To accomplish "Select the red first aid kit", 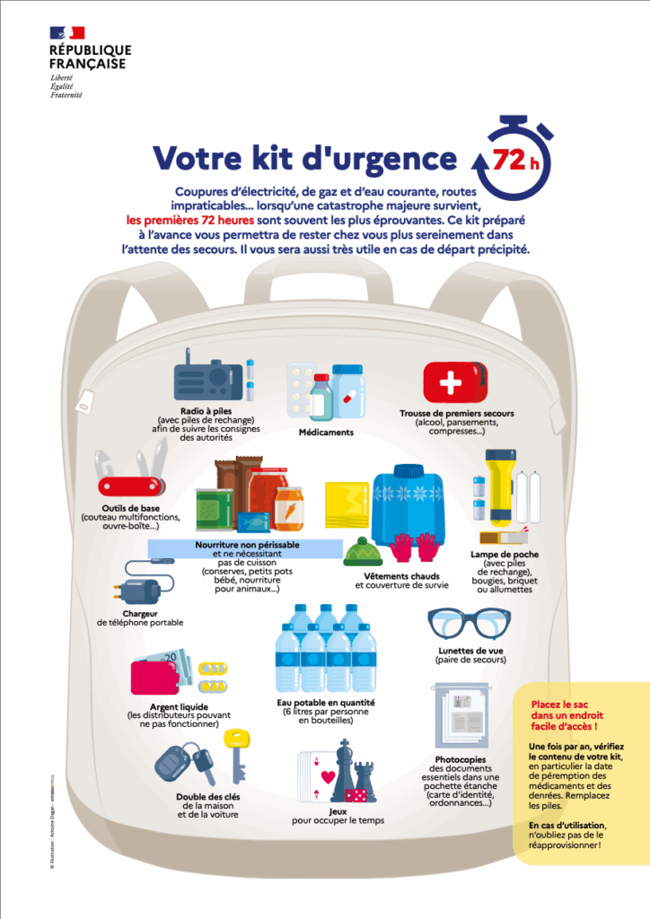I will (455, 383).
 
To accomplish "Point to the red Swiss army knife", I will (131, 477).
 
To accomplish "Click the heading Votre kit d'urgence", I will (304, 158).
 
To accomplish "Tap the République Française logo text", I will (90, 57).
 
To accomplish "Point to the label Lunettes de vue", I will (470, 650).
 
